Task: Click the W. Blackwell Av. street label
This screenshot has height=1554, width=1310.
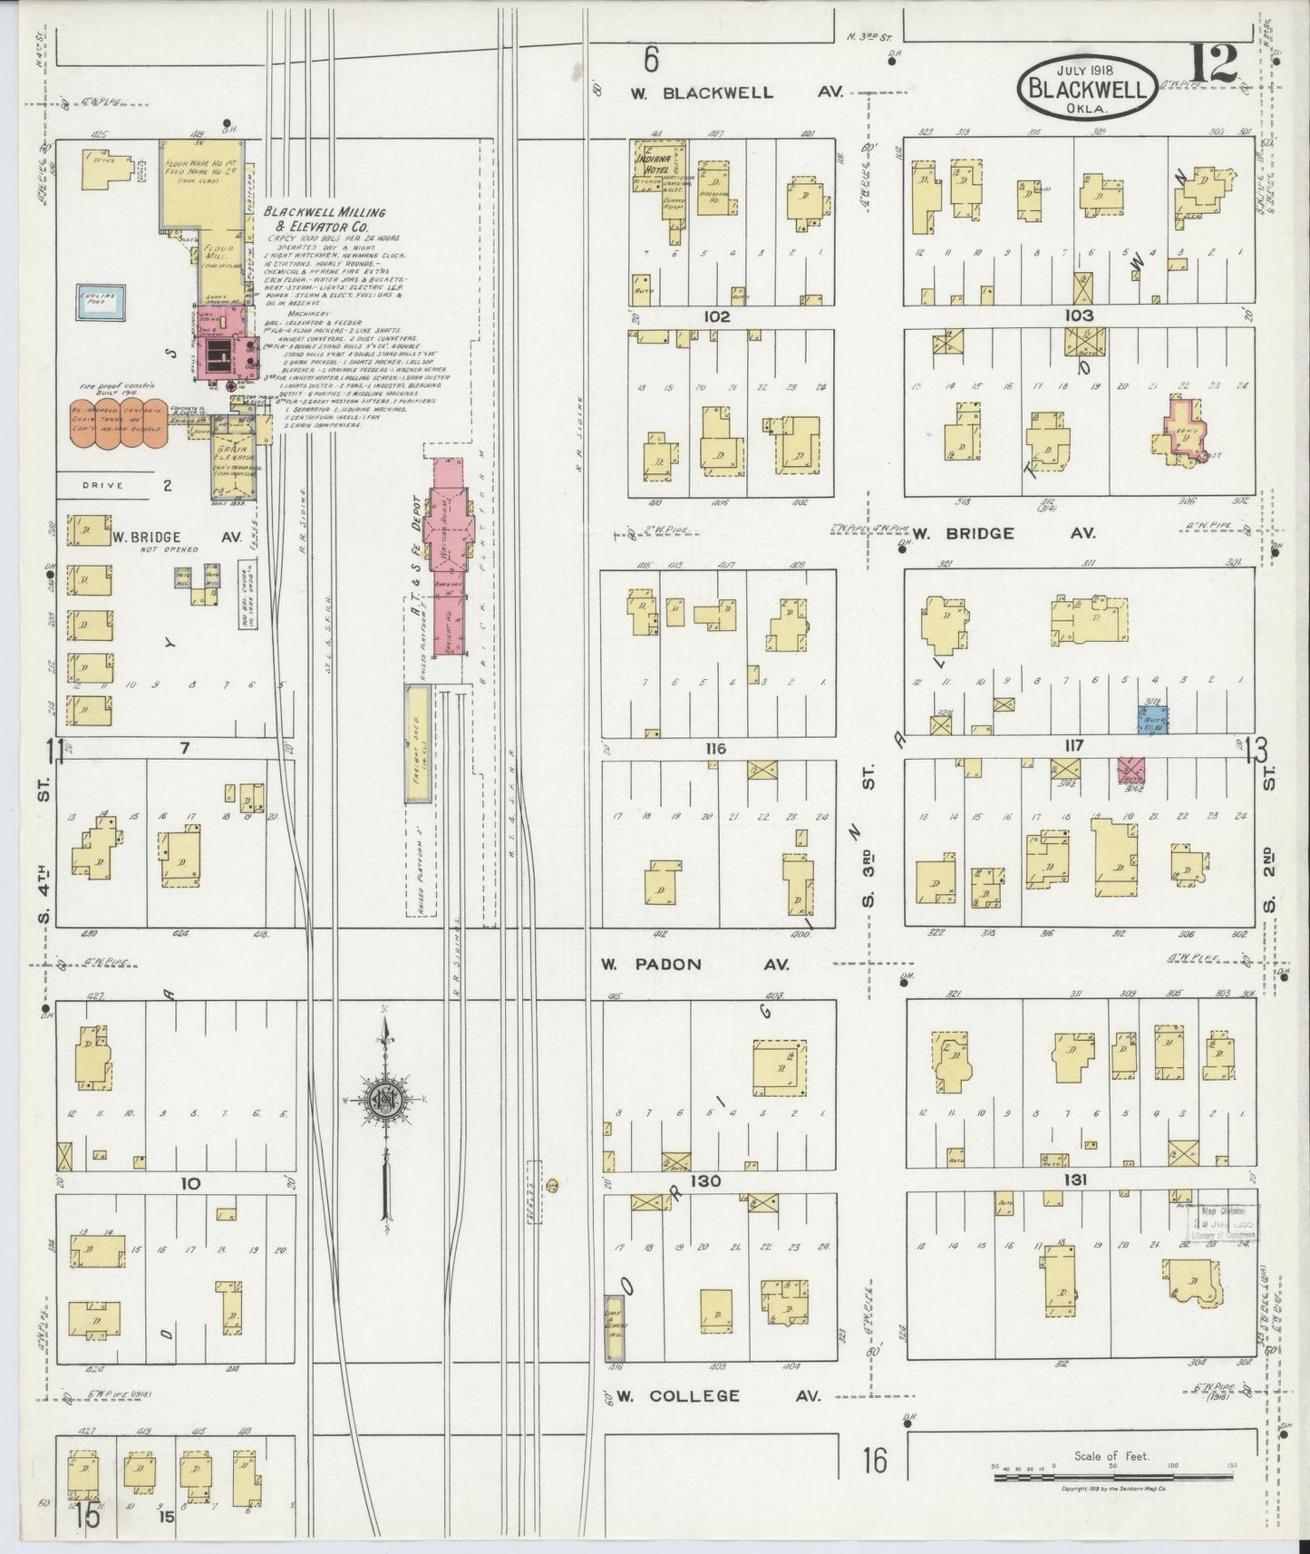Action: [738, 92]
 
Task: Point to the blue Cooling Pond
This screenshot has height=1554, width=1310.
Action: [102, 303]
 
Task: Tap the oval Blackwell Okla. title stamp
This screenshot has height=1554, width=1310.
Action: [1092, 86]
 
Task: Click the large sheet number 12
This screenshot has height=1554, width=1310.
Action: [1215, 63]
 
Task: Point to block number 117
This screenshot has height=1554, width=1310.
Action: [1076, 746]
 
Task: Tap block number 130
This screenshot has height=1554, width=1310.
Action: [704, 1181]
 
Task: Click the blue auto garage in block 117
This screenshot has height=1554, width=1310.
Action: [1153, 720]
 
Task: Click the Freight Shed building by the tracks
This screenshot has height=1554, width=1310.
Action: [417, 743]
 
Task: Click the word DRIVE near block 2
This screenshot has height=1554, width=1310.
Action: [102, 485]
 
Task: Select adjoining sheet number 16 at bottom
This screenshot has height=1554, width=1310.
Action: [875, 1461]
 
